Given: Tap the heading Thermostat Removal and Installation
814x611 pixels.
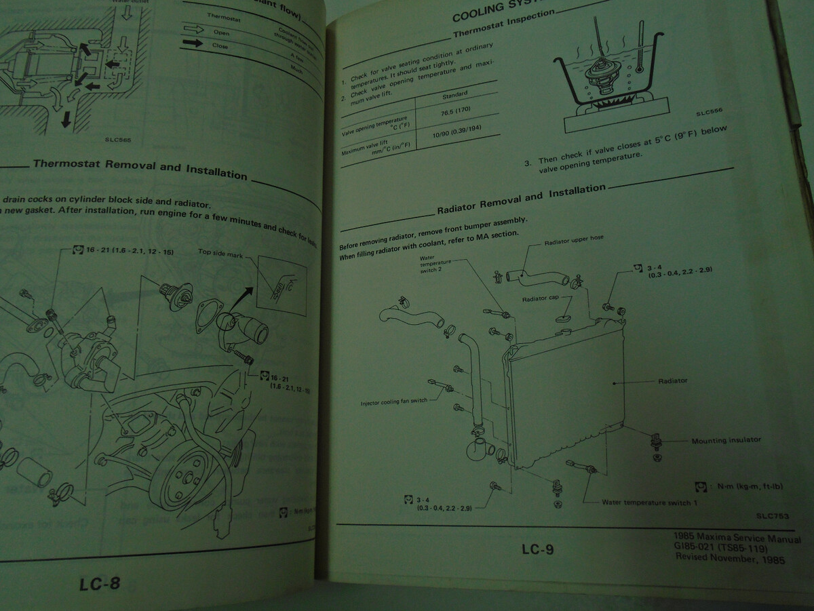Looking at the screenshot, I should pyautogui.click(x=140, y=169).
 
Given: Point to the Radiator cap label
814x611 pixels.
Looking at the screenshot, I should pyautogui.click(x=539, y=298).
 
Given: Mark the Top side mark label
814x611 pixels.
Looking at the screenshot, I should pyautogui.click(x=220, y=252).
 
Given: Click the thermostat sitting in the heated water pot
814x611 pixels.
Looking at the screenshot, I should pyautogui.click(x=598, y=73).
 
